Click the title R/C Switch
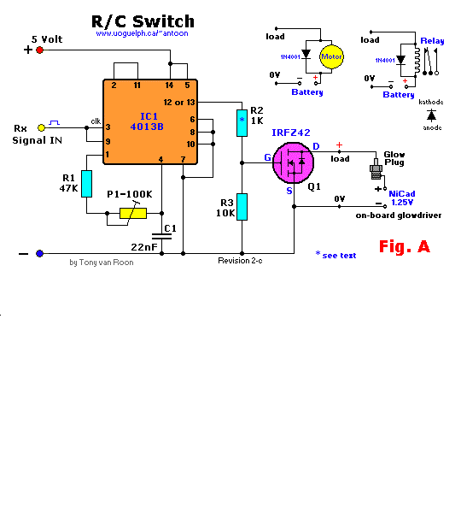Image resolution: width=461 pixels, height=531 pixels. (x=143, y=21)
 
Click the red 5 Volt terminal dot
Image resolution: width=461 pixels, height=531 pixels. (x=39, y=50)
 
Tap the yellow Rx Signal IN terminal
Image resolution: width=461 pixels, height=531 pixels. (x=41, y=128)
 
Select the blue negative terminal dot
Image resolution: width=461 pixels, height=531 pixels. (x=39, y=253)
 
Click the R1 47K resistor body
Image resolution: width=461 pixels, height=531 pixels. (x=86, y=183)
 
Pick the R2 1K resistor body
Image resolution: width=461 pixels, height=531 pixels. (x=242, y=122)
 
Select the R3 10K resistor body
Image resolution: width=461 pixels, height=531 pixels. (x=242, y=206)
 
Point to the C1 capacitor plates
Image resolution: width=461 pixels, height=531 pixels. (x=161, y=233)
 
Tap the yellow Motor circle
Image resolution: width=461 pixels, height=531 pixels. (x=330, y=58)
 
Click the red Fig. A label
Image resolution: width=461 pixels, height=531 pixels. (x=404, y=247)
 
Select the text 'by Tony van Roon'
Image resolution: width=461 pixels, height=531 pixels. (x=102, y=263)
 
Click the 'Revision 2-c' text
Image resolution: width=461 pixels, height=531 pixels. (x=240, y=260)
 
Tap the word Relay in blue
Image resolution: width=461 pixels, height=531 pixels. (x=432, y=41)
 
